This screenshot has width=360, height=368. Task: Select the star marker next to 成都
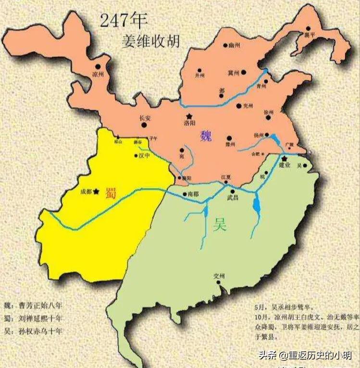click(x=97, y=191)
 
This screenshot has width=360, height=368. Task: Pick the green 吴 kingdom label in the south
click(x=220, y=224)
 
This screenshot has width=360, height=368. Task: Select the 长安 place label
click(x=145, y=118)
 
